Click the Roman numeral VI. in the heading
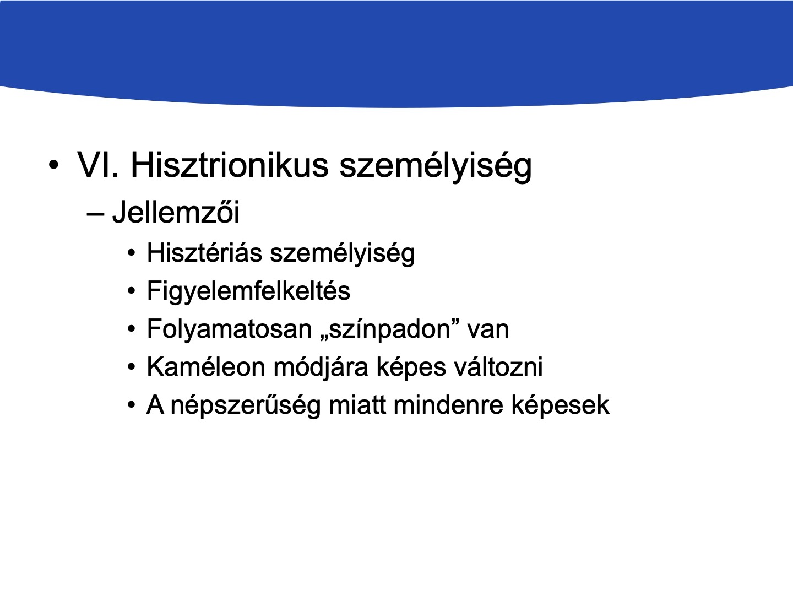98,165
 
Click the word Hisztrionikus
230,165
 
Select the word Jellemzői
176,212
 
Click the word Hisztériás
204,252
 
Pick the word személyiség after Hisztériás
343,255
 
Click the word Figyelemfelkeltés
248,292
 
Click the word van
488,331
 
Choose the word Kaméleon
206,367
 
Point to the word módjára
321,368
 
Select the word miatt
357,405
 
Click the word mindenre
448,405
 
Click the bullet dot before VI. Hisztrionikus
53,165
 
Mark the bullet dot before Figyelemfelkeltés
132,291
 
